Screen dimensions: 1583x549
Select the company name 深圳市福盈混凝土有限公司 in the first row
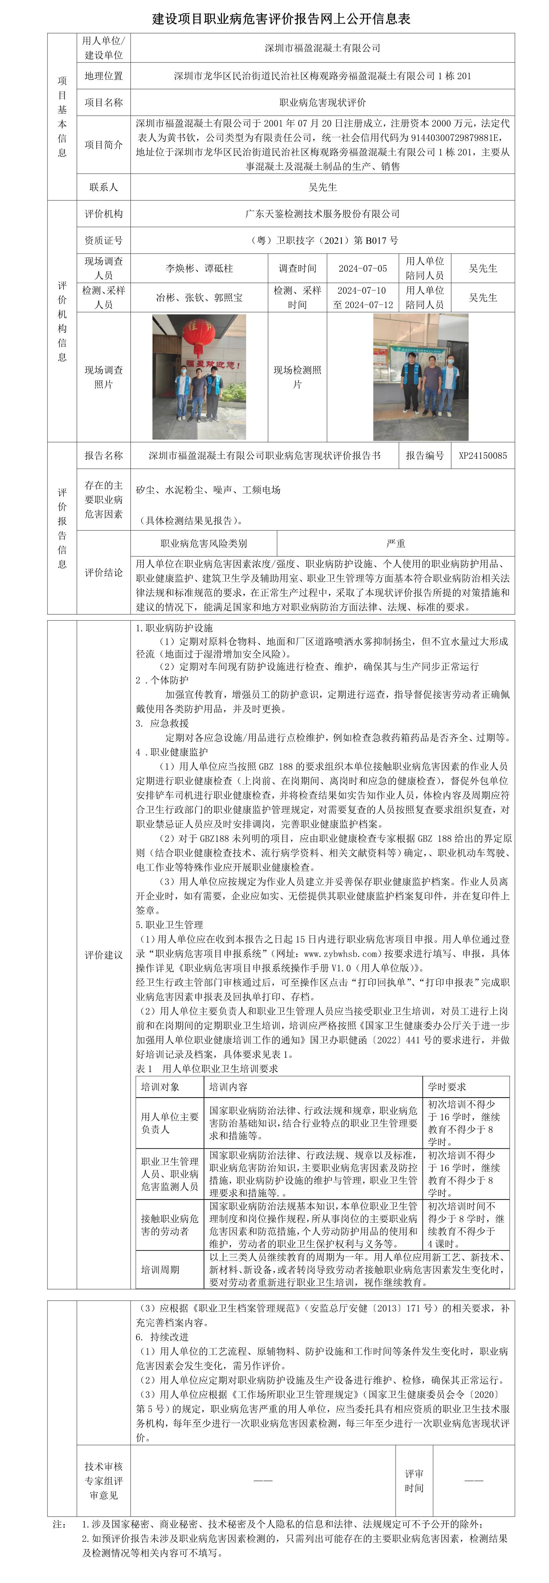pos(322,48)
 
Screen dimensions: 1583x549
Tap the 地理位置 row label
pos(103,76)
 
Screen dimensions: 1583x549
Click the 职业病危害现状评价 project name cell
pos(322,103)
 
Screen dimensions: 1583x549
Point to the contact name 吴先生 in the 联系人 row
pos(322,187)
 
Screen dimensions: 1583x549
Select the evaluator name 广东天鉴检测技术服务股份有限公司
pos(322,214)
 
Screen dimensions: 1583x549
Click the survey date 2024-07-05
pos(362,268)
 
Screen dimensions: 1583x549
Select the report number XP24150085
pos(483,456)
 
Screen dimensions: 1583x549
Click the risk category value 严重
pos(396,543)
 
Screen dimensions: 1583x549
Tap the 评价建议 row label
pos(103,955)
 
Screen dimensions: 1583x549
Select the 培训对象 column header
pos(160,1087)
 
